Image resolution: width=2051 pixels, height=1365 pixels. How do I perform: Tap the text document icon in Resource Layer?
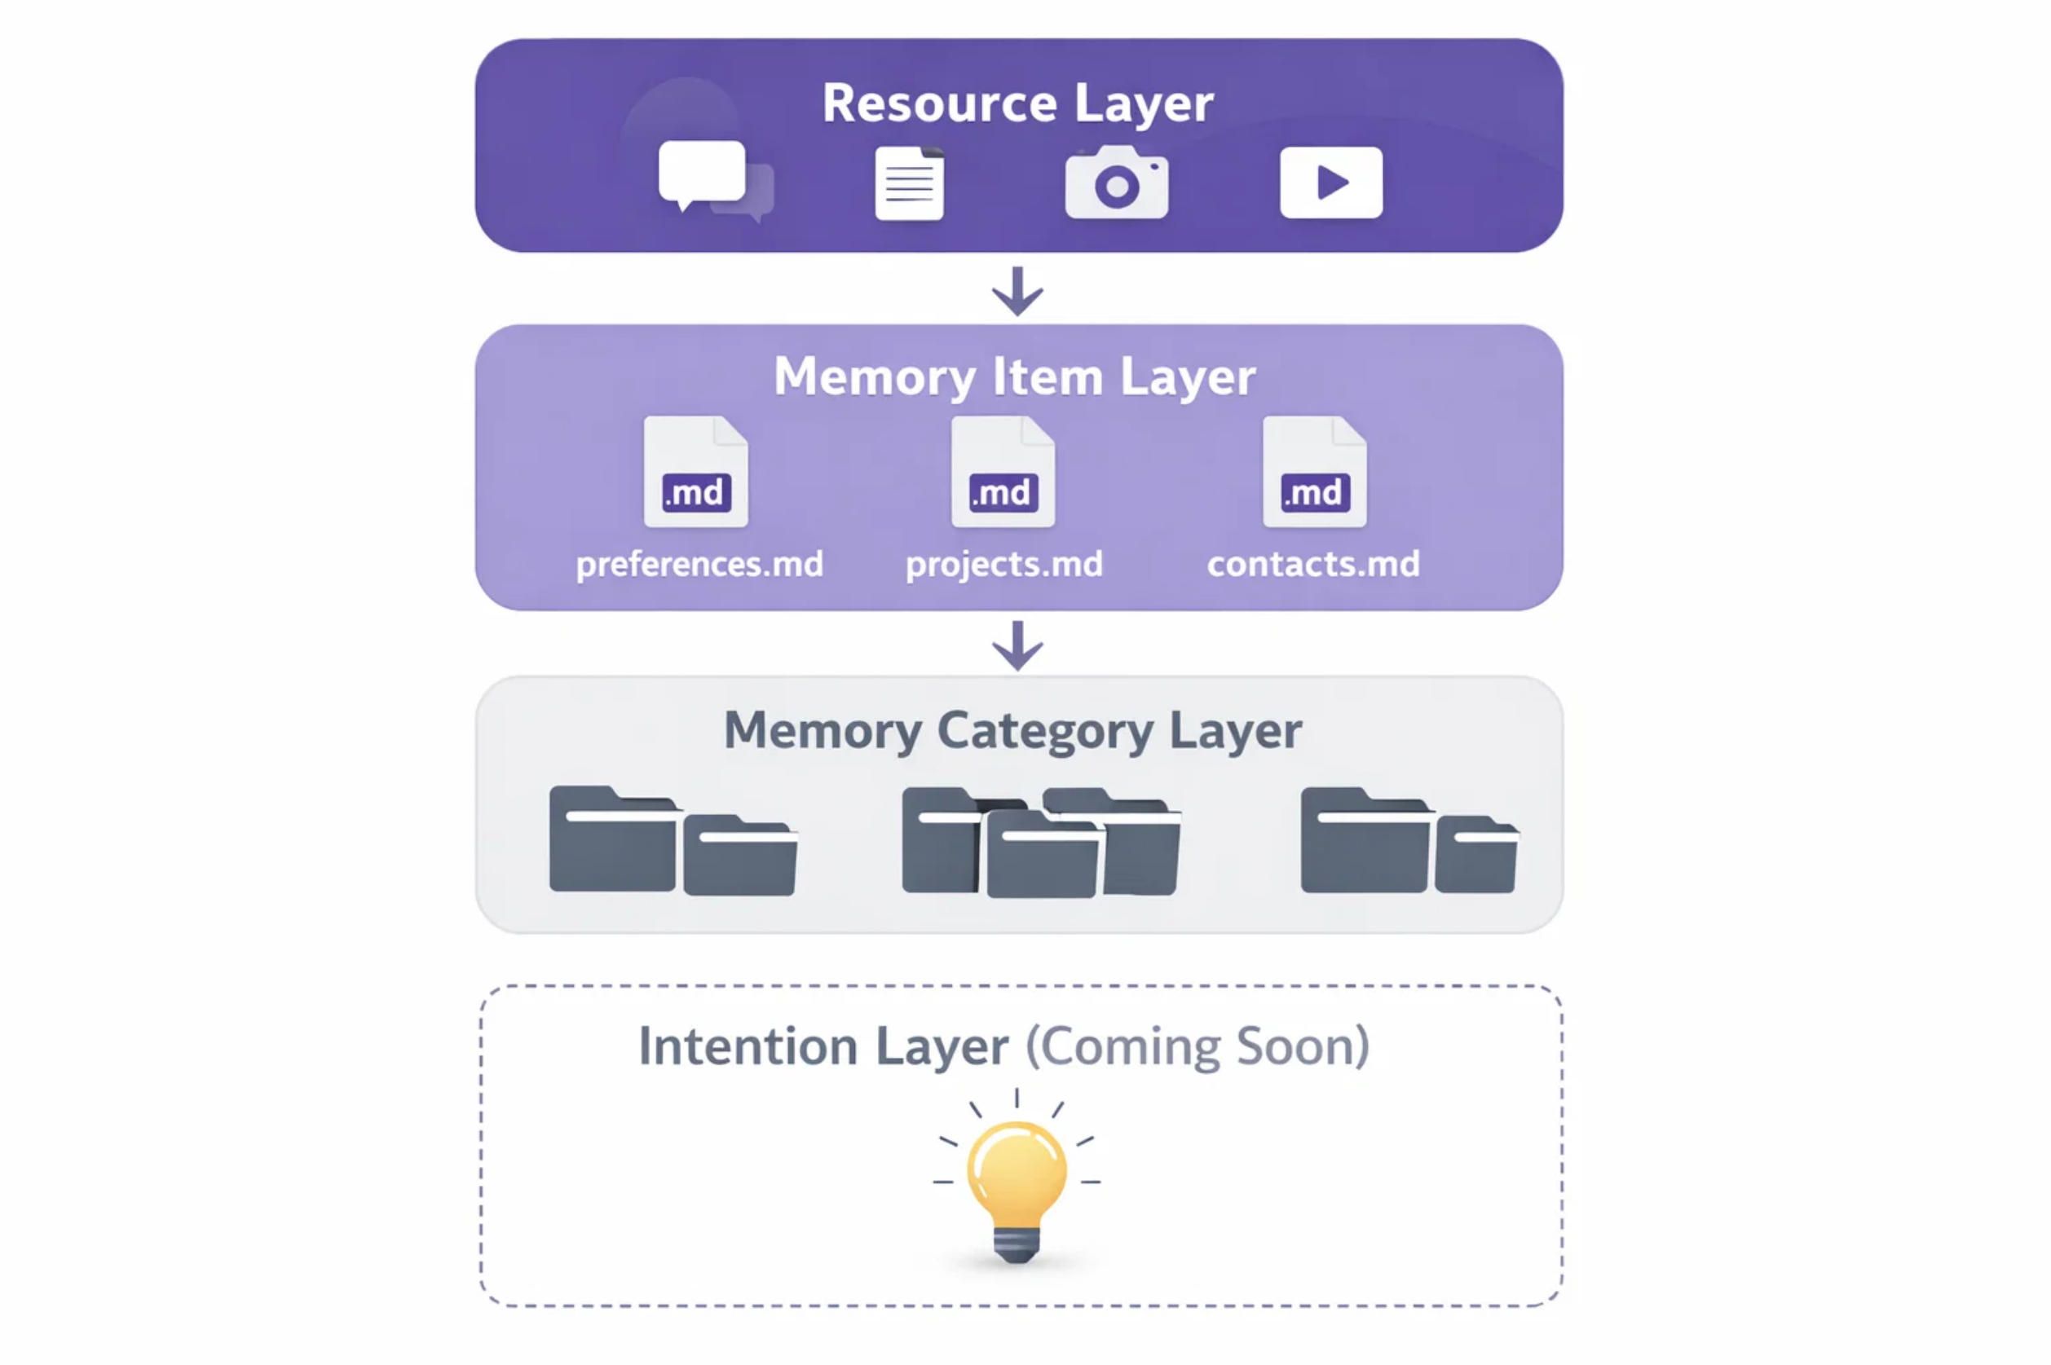(x=909, y=183)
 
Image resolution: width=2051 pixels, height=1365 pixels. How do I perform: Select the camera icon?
(x=1116, y=183)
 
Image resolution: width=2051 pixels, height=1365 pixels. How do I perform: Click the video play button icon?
(x=1330, y=183)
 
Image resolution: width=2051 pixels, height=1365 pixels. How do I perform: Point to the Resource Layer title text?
(x=1017, y=103)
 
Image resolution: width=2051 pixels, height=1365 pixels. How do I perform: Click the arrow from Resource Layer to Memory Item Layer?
(x=1017, y=291)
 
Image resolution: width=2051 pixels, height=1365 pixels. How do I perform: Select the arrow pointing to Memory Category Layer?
(x=1017, y=645)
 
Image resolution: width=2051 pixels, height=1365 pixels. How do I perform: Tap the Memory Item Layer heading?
(x=1014, y=377)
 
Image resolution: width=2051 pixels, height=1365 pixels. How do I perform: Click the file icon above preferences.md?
(x=695, y=472)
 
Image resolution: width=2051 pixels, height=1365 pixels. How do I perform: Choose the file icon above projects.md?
(x=1003, y=472)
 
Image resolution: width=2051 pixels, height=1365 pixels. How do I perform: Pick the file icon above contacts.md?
(x=1315, y=472)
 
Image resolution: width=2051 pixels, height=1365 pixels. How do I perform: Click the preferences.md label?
(x=699, y=564)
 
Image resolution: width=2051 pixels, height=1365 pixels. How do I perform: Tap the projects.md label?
(x=1003, y=564)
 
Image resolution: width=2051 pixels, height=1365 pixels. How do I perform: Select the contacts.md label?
(x=1312, y=564)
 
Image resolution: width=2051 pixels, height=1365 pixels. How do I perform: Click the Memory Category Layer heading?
(x=1012, y=729)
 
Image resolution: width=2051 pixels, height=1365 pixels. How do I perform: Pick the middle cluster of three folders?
(x=1041, y=843)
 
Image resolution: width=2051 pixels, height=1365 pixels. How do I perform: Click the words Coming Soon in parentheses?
(x=1197, y=1046)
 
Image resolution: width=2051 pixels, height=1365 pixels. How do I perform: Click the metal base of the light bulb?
(x=1016, y=1245)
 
